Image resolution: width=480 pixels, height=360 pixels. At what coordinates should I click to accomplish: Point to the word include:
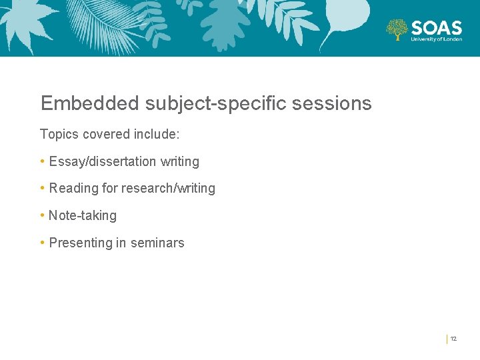(x=156, y=134)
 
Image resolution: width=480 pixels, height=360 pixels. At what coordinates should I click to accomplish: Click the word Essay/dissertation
(x=103, y=161)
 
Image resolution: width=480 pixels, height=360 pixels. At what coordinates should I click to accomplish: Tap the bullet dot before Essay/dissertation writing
(x=43, y=161)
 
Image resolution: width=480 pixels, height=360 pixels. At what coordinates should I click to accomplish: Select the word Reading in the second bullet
(x=73, y=189)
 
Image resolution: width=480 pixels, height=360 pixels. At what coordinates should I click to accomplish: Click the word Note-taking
(x=83, y=216)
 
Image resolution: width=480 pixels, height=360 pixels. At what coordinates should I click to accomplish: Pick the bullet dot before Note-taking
(x=43, y=215)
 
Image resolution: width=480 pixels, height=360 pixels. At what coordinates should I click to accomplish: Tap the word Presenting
(x=80, y=243)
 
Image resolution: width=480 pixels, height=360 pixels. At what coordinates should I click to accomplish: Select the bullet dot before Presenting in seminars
(x=43, y=243)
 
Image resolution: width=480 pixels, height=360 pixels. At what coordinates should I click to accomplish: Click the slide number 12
(x=453, y=339)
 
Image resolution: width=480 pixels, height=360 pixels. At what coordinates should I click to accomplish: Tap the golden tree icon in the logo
(x=397, y=29)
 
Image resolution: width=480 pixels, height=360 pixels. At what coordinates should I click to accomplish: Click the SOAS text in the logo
(x=437, y=27)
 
